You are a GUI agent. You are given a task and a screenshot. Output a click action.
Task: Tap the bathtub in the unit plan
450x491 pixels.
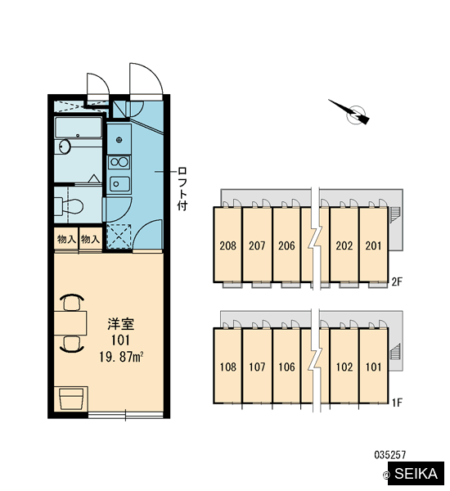79,127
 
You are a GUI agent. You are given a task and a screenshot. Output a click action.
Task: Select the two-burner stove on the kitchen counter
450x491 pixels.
119,162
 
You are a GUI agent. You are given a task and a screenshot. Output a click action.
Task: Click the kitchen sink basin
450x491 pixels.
119,184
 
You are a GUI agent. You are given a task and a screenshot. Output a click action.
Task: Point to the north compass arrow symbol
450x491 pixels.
350,112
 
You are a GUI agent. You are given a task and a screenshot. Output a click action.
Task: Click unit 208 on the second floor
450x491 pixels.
227,245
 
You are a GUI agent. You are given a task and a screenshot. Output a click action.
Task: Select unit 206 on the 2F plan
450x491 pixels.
286,245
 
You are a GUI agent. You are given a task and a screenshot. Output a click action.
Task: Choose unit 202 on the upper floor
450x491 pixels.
344,245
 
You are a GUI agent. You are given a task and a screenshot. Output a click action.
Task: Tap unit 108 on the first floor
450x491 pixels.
227,366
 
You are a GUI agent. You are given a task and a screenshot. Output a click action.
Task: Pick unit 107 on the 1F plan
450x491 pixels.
257,366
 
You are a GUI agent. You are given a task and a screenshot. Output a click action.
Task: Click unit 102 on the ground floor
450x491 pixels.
344,366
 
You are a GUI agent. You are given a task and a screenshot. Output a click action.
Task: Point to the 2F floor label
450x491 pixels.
397,282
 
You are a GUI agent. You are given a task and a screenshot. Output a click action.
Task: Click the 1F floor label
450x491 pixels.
397,403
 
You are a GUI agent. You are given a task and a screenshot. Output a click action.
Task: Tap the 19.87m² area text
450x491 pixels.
122,357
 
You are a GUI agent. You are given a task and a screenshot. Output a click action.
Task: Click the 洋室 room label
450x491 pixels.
121,324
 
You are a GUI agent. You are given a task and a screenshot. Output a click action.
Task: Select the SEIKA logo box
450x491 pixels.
416,474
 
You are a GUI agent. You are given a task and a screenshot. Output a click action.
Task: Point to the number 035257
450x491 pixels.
390,454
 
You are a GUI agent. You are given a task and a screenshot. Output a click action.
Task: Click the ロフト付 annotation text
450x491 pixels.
182,189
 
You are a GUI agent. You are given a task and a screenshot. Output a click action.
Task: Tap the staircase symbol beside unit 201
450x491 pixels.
395,214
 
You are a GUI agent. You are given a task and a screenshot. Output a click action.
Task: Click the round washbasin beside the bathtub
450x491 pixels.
65,146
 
